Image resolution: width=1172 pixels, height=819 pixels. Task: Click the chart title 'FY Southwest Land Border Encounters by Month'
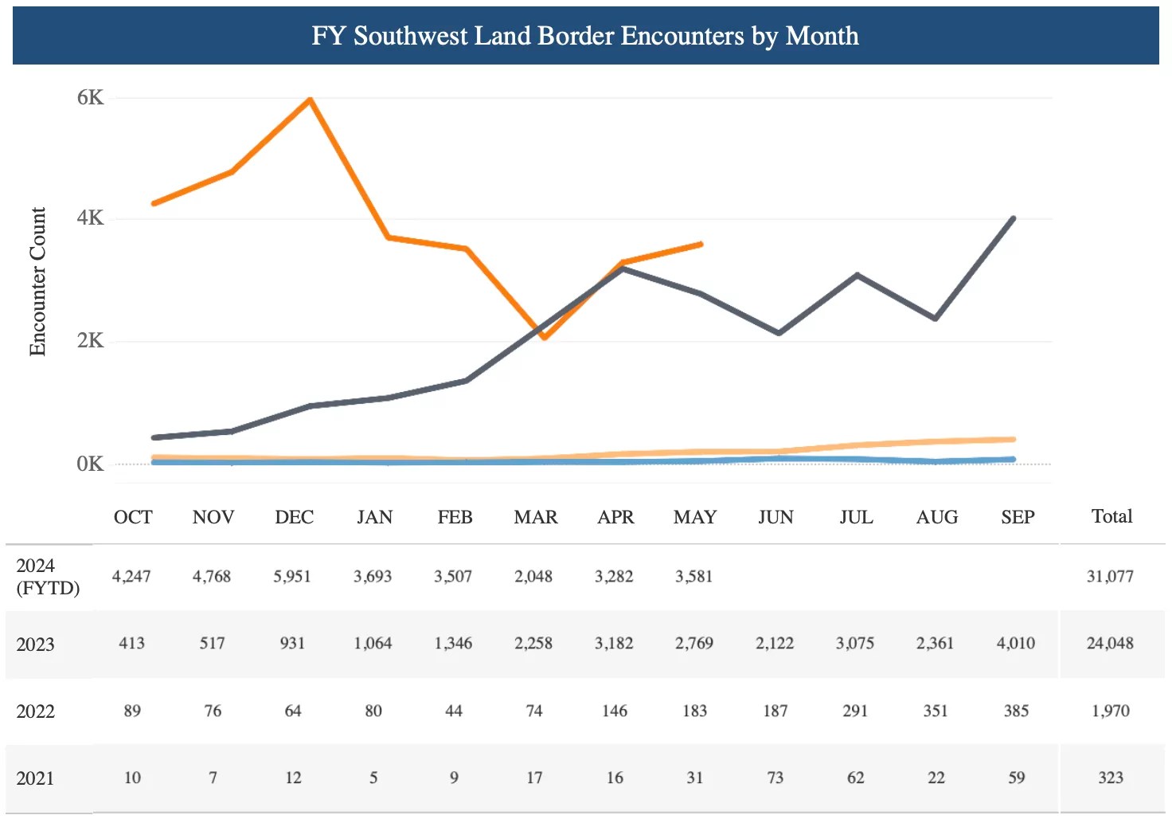585,36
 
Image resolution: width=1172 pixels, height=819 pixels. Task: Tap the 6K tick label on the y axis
90,97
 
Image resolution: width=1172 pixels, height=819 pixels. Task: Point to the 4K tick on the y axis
90,217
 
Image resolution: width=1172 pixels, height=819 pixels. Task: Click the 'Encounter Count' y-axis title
37,281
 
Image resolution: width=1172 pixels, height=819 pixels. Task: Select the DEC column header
294,517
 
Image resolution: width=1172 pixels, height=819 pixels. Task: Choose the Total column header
1111,516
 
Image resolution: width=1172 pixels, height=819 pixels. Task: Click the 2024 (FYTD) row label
48,577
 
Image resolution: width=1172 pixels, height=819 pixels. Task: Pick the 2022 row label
36,711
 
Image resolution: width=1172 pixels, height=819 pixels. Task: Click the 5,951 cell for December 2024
292,576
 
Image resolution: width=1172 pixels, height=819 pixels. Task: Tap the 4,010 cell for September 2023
1016,643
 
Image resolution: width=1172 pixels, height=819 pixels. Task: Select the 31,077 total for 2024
1110,576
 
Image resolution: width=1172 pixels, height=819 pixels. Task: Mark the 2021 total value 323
1111,778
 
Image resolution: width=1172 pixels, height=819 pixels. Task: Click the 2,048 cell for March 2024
533,576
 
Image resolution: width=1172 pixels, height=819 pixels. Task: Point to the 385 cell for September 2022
1016,711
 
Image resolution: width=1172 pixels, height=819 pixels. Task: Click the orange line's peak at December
310,99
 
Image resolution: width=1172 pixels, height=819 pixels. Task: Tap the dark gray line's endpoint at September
1013,218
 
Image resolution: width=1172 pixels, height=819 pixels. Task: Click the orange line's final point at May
701,244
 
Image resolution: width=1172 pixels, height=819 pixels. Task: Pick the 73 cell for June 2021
775,778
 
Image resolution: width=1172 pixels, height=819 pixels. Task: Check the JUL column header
856,517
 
